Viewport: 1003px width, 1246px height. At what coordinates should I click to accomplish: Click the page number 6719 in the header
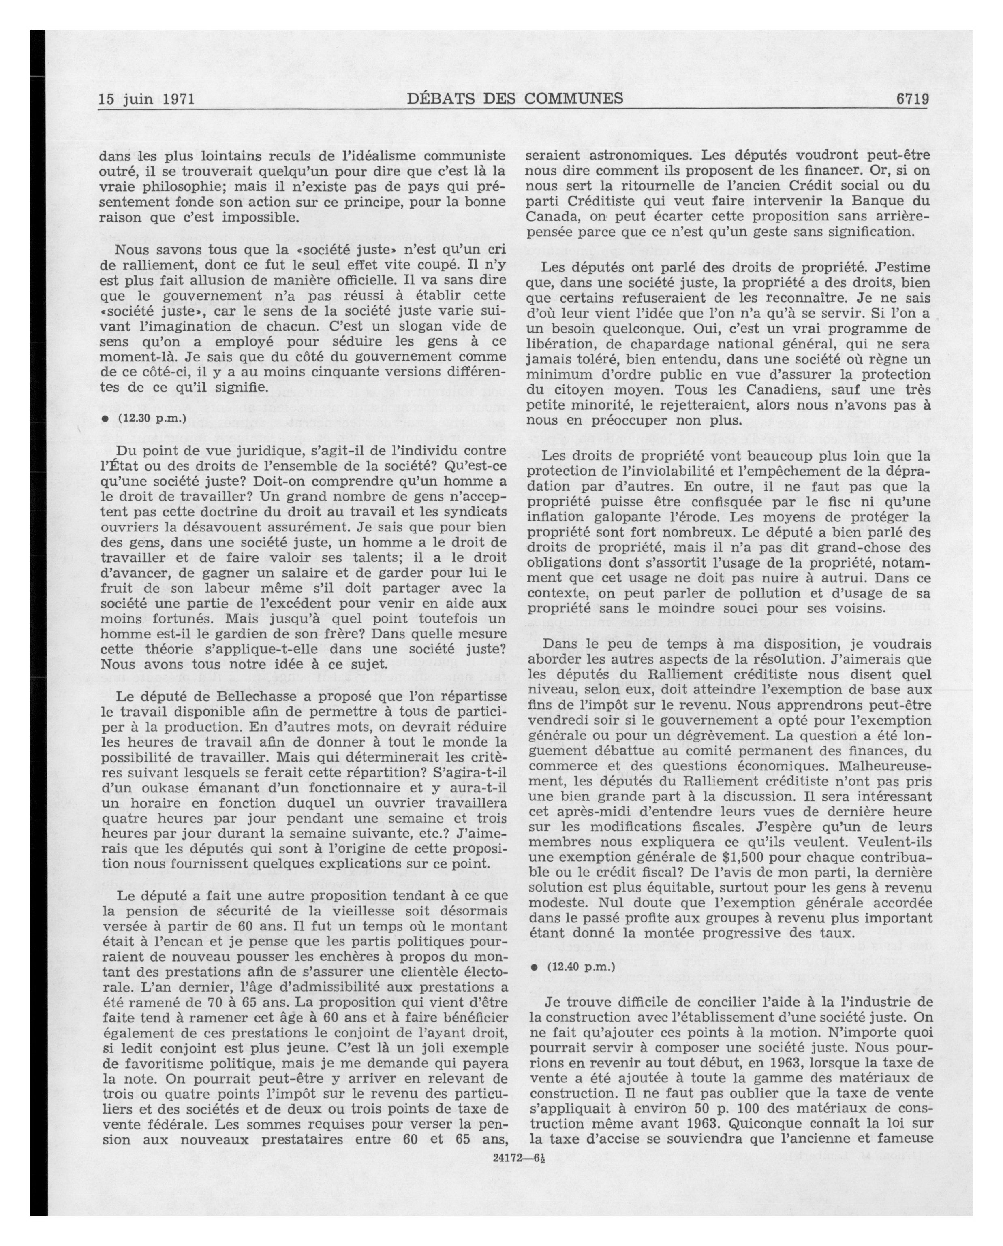coord(912,99)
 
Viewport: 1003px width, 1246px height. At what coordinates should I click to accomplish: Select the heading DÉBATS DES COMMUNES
coord(515,98)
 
